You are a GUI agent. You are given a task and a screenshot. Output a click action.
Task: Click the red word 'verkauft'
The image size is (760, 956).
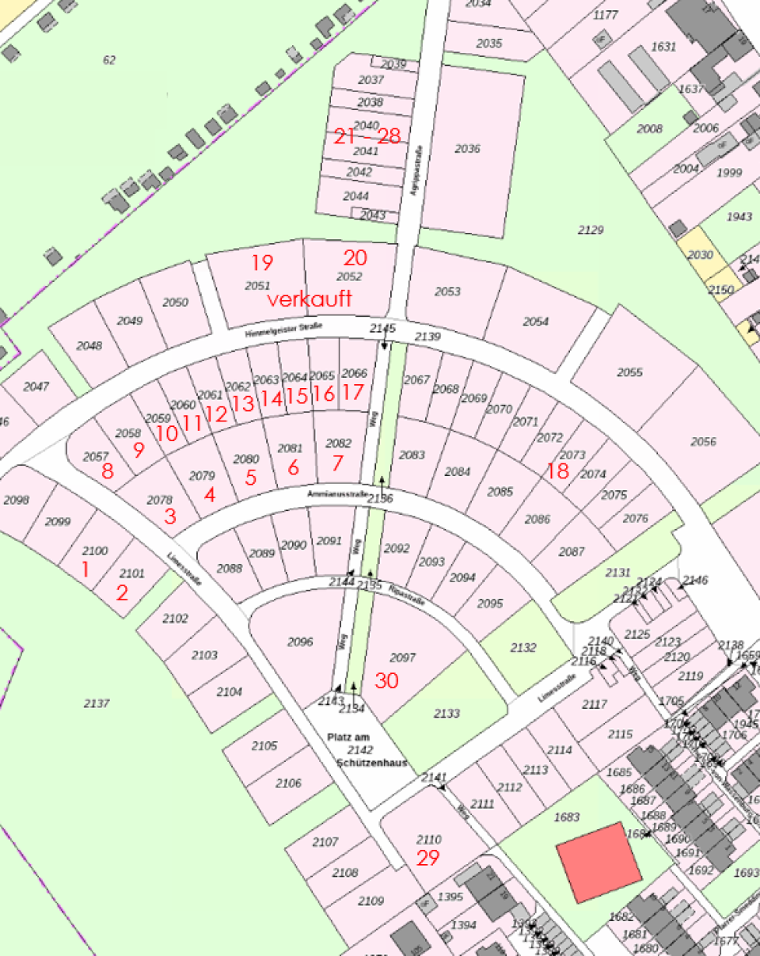pyautogui.click(x=310, y=299)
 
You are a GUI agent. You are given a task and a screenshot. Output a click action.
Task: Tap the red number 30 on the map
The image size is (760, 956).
pyautogui.click(x=386, y=680)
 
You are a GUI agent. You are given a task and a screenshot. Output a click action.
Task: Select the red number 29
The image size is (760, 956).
pyautogui.click(x=427, y=858)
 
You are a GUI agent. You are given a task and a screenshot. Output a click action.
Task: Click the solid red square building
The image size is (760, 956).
pyautogui.click(x=598, y=863)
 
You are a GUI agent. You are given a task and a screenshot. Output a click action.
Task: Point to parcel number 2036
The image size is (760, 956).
pyautogui.click(x=468, y=149)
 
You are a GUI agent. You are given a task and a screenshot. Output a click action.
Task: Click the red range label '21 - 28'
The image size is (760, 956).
pyautogui.click(x=367, y=136)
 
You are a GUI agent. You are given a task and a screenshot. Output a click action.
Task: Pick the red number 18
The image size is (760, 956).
pyautogui.click(x=557, y=471)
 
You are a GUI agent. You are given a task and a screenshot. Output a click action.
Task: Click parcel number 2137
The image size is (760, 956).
pyautogui.click(x=97, y=703)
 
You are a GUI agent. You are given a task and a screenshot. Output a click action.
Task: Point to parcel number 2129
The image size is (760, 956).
pyautogui.click(x=591, y=230)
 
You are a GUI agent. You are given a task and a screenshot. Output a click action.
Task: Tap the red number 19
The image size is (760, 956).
pyautogui.click(x=262, y=262)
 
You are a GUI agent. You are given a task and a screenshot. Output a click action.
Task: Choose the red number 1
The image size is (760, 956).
pyautogui.click(x=85, y=568)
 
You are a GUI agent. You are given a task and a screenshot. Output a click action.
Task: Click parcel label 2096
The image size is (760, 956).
pyautogui.click(x=300, y=642)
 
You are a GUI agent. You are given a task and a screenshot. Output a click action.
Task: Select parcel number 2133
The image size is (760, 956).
pyautogui.click(x=446, y=714)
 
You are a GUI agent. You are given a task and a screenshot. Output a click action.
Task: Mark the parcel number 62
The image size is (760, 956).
pyautogui.click(x=109, y=59)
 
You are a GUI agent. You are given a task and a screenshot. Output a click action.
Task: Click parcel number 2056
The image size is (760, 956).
pyautogui.click(x=703, y=442)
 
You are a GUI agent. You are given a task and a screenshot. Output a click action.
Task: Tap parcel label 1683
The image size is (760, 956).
pyautogui.click(x=568, y=817)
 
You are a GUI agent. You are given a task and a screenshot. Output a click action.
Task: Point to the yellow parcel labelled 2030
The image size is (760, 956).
pyautogui.click(x=700, y=255)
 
